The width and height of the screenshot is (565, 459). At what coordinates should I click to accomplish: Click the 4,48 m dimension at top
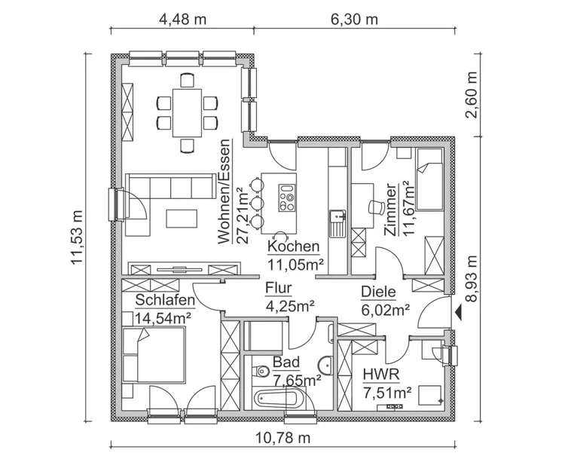[x=182, y=19]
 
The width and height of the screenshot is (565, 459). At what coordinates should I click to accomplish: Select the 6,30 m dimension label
[x=354, y=19]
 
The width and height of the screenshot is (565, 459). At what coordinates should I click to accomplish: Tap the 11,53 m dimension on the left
[x=76, y=237]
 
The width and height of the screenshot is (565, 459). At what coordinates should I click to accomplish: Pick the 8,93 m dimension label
[x=472, y=279]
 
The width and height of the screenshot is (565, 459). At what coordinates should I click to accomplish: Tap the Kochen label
[x=294, y=247]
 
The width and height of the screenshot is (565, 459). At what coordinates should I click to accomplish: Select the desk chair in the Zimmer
[x=374, y=206]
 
